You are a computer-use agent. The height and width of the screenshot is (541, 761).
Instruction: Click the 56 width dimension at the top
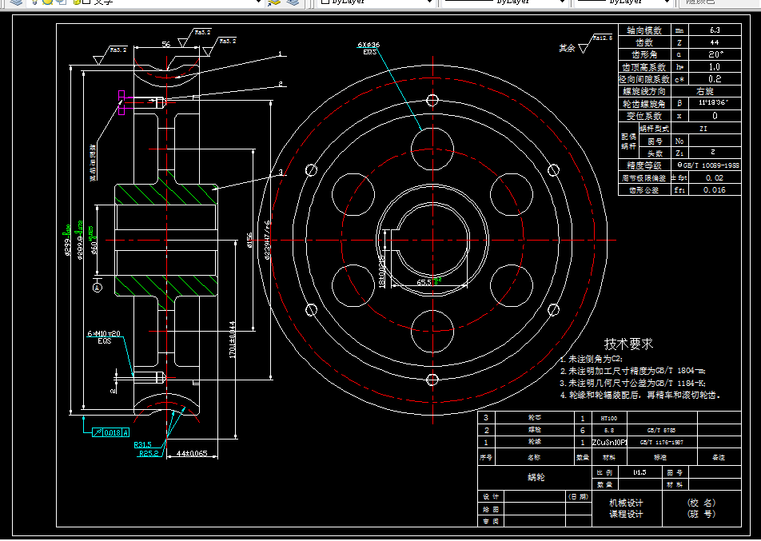[x=165, y=45]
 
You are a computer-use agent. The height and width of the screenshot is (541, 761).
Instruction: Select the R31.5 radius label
[x=143, y=444]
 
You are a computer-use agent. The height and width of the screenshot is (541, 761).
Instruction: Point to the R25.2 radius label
[x=149, y=453]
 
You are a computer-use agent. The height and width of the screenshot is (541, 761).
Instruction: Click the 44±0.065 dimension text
[x=191, y=453]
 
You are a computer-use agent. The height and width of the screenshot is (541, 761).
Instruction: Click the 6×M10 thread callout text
[x=104, y=333]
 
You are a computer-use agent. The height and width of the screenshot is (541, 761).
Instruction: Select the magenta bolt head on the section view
[x=121, y=102]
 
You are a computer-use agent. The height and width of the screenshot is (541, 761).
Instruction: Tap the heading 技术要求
[x=628, y=344]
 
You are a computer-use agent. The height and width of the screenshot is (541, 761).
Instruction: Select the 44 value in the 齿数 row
[x=714, y=42]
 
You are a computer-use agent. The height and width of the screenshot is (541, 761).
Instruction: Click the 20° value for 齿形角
[x=714, y=54]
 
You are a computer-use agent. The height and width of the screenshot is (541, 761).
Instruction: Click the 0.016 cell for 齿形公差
[x=714, y=190]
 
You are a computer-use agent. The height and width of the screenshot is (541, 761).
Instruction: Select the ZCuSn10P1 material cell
[x=613, y=441]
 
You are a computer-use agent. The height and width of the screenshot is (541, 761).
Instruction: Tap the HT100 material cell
[x=608, y=417]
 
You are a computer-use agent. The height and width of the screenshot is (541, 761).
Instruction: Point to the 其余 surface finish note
[x=567, y=48]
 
